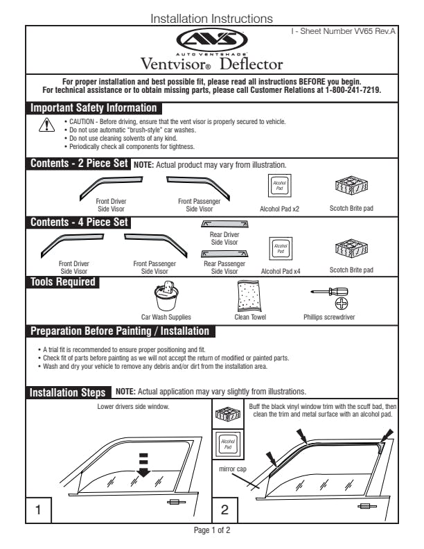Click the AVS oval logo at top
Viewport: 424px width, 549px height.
pyautogui.click(x=211, y=40)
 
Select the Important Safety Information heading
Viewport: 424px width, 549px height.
pyautogui.click(x=93, y=108)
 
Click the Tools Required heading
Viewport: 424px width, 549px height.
pyautogui.click(x=62, y=281)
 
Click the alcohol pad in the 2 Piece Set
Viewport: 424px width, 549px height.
pyautogui.click(x=279, y=185)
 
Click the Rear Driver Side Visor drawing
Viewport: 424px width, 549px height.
pyautogui.click(x=224, y=224)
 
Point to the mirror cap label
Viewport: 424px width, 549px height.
pyautogui.click(x=232, y=468)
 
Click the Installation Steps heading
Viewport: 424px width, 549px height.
pyautogui.click(x=67, y=393)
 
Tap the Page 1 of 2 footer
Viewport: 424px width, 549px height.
pyautogui.click(x=211, y=530)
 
